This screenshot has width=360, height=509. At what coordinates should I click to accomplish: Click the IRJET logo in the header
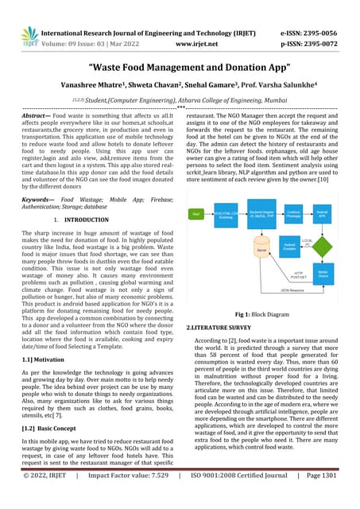[x=30, y=36]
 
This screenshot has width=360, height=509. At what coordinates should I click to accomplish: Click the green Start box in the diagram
[x=195, y=214]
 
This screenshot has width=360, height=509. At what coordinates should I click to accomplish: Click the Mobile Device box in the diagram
[x=323, y=273]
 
